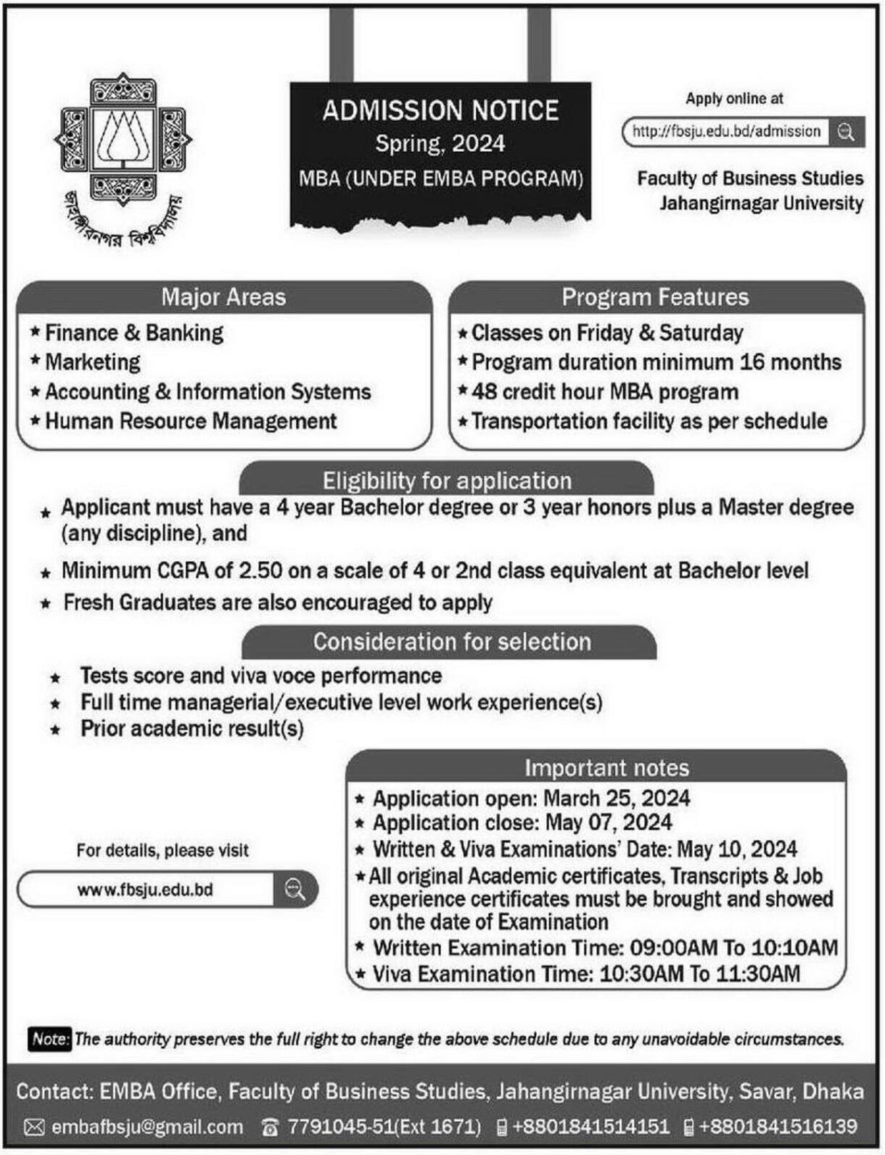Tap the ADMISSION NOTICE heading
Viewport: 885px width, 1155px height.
440,110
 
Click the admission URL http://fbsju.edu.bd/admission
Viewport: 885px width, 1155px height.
725,131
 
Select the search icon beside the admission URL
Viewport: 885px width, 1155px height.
846,132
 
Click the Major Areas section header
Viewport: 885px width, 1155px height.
223,297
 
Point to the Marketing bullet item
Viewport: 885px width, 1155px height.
92,362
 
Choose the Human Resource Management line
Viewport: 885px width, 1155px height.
191,421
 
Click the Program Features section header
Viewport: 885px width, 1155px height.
655,297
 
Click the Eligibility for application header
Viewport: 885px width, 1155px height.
447,481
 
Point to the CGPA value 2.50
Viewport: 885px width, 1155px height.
260,571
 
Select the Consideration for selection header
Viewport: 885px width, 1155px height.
452,642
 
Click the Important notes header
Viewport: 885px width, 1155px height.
606,768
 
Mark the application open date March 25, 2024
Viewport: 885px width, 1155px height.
617,799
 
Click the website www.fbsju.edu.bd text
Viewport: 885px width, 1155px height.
145,890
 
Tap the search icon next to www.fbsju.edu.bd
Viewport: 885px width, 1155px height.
295,889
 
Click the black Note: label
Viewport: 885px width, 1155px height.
49,1039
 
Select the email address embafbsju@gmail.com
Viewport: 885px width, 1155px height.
147,1127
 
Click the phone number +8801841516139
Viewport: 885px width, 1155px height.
778,1127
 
